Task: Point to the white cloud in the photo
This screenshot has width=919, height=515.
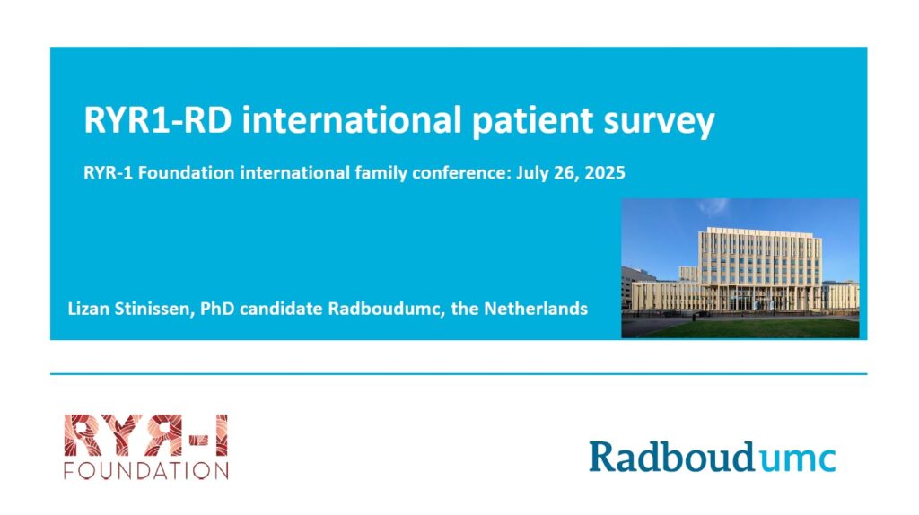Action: click(x=713, y=206)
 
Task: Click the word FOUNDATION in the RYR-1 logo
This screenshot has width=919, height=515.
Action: click(x=146, y=470)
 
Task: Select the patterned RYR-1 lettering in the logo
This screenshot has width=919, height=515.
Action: click(x=146, y=435)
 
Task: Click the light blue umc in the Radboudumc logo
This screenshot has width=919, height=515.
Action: click(x=797, y=458)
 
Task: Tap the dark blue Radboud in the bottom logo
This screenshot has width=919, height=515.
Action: click(x=671, y=457)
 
